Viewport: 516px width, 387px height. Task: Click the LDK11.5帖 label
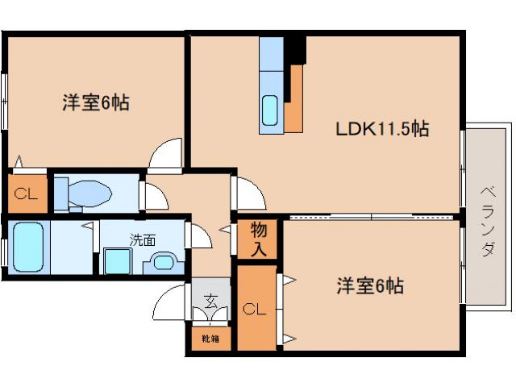[x=381, y=129]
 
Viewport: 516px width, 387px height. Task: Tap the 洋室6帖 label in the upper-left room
[x=96, y=104]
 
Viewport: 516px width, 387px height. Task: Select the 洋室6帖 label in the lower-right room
[x=369, y=285]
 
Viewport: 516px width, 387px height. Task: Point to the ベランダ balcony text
[x=487, y=221]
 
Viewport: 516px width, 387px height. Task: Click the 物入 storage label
[x=258, y=239]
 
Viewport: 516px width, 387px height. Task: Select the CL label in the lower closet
[x=254, y=308]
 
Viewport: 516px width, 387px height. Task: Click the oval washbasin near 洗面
[x=164, y=263]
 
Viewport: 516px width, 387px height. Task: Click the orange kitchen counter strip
[x=294, y=98]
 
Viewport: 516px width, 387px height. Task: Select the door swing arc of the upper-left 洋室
[x=167, y=154]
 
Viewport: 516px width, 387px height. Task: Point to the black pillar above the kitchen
[x=298, y=48]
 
